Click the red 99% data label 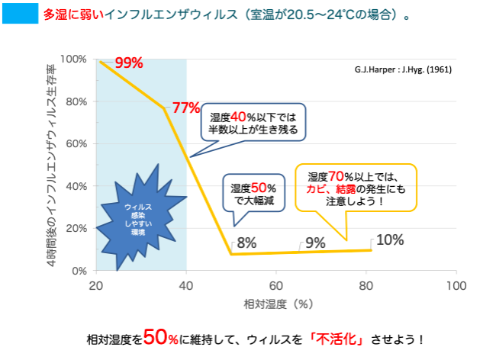(129, 63)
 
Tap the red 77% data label (185, 108)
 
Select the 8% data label (246, 243)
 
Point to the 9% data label (315, 243)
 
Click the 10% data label (390, 239)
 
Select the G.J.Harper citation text (403, 69)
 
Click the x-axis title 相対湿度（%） (276, 304)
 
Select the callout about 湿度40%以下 (253, 122)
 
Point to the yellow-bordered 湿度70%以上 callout (356, 187)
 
